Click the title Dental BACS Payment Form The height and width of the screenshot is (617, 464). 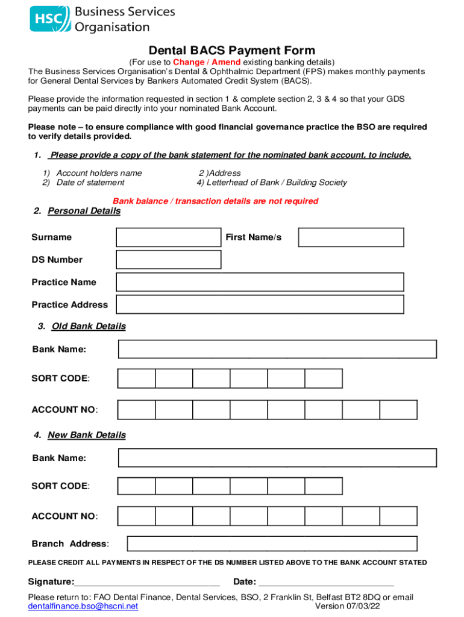click(232, 51)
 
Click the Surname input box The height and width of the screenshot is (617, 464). click(169, 237)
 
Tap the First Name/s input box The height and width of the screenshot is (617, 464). click(351, 237)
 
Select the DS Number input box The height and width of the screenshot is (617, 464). click(169, 260)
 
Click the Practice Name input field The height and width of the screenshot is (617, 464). click(260, 282)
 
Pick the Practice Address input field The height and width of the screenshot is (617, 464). click(260, 305)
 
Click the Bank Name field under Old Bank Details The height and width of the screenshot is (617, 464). click(277, 349)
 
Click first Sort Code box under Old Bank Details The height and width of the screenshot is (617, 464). click(137, 378)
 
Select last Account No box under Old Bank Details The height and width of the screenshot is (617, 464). click(398, 410)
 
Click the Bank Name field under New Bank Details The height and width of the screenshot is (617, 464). click(277, 458)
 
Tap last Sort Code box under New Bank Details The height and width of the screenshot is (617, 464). click(324, 486)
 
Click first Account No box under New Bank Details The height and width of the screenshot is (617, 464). click(137, 516)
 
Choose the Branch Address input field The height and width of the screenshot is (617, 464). click(272, 543)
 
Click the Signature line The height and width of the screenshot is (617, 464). click(147, 582)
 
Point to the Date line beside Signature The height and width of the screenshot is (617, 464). click(325, 582)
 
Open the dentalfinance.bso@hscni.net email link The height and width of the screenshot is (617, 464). click(83, 606)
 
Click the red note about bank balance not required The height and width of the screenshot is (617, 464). click(215, 201)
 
